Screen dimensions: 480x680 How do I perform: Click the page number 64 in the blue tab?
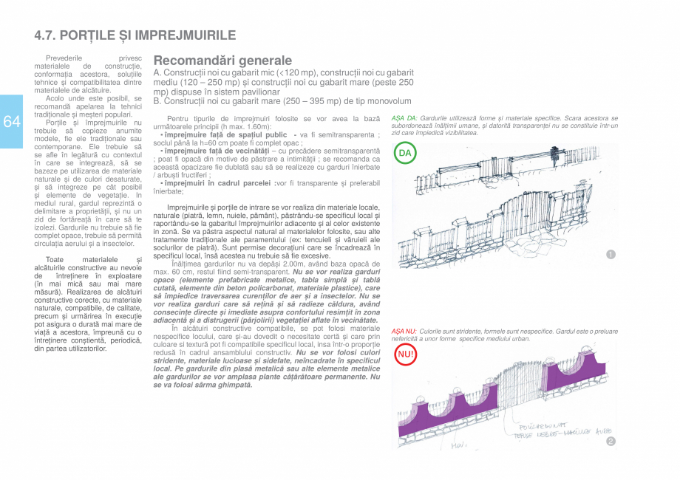[11, 122]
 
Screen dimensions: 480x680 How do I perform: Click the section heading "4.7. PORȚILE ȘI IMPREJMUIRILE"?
[135, 35]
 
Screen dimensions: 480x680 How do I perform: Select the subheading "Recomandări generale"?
[222, 61]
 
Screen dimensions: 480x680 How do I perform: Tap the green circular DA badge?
[404, 154]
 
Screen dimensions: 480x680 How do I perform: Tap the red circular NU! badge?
[405, 354]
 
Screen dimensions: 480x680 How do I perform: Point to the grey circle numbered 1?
[611, 255]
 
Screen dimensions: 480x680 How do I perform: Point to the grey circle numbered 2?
[611, 442]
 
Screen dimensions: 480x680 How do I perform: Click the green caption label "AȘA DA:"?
[404, 118]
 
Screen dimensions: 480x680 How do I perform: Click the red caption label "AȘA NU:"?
[404, 332]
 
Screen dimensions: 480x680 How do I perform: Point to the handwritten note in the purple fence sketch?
[562, 431]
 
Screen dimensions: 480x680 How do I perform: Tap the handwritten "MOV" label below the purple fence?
[459, 445]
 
